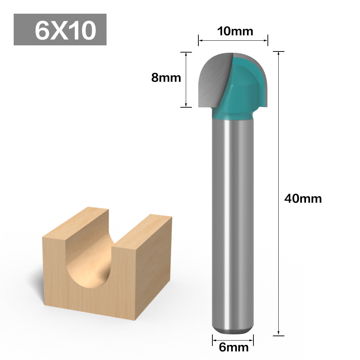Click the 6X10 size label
pos(66,30)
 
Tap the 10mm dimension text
pos(235,31)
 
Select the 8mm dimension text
pos(166,78)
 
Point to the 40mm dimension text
pos(303,199)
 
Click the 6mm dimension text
pos(234,347)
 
